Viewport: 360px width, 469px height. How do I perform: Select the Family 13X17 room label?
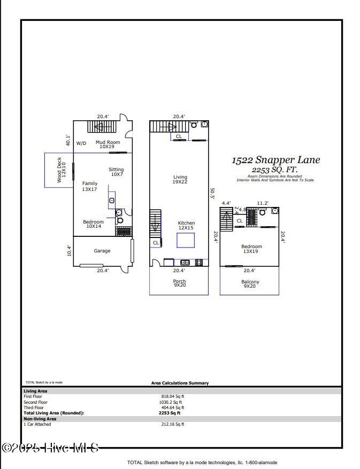tap(89, 186)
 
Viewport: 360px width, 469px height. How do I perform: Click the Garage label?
tap(102, 251)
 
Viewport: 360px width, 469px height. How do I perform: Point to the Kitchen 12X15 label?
tap(186, 225)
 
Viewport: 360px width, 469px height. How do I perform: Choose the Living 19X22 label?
tap(180, 180)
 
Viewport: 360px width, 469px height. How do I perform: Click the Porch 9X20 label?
tap(179, 283)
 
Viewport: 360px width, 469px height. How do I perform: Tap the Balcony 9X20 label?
tap(250, 284)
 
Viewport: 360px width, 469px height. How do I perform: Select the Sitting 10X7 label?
tap(116, 172)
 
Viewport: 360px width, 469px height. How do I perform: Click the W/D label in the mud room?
tap(81, 143)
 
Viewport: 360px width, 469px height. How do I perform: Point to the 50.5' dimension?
tap(212, 193)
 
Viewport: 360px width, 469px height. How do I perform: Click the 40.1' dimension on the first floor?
tap(68, 140)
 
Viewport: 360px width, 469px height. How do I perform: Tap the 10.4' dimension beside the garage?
tap(69, 250)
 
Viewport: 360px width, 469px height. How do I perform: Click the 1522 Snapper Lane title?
tap(275, 160)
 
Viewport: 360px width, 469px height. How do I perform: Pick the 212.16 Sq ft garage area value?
tap(172, 424)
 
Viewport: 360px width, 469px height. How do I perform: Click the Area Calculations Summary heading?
tap(180, 383)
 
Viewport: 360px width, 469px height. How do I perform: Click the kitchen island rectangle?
tap(186, 240)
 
